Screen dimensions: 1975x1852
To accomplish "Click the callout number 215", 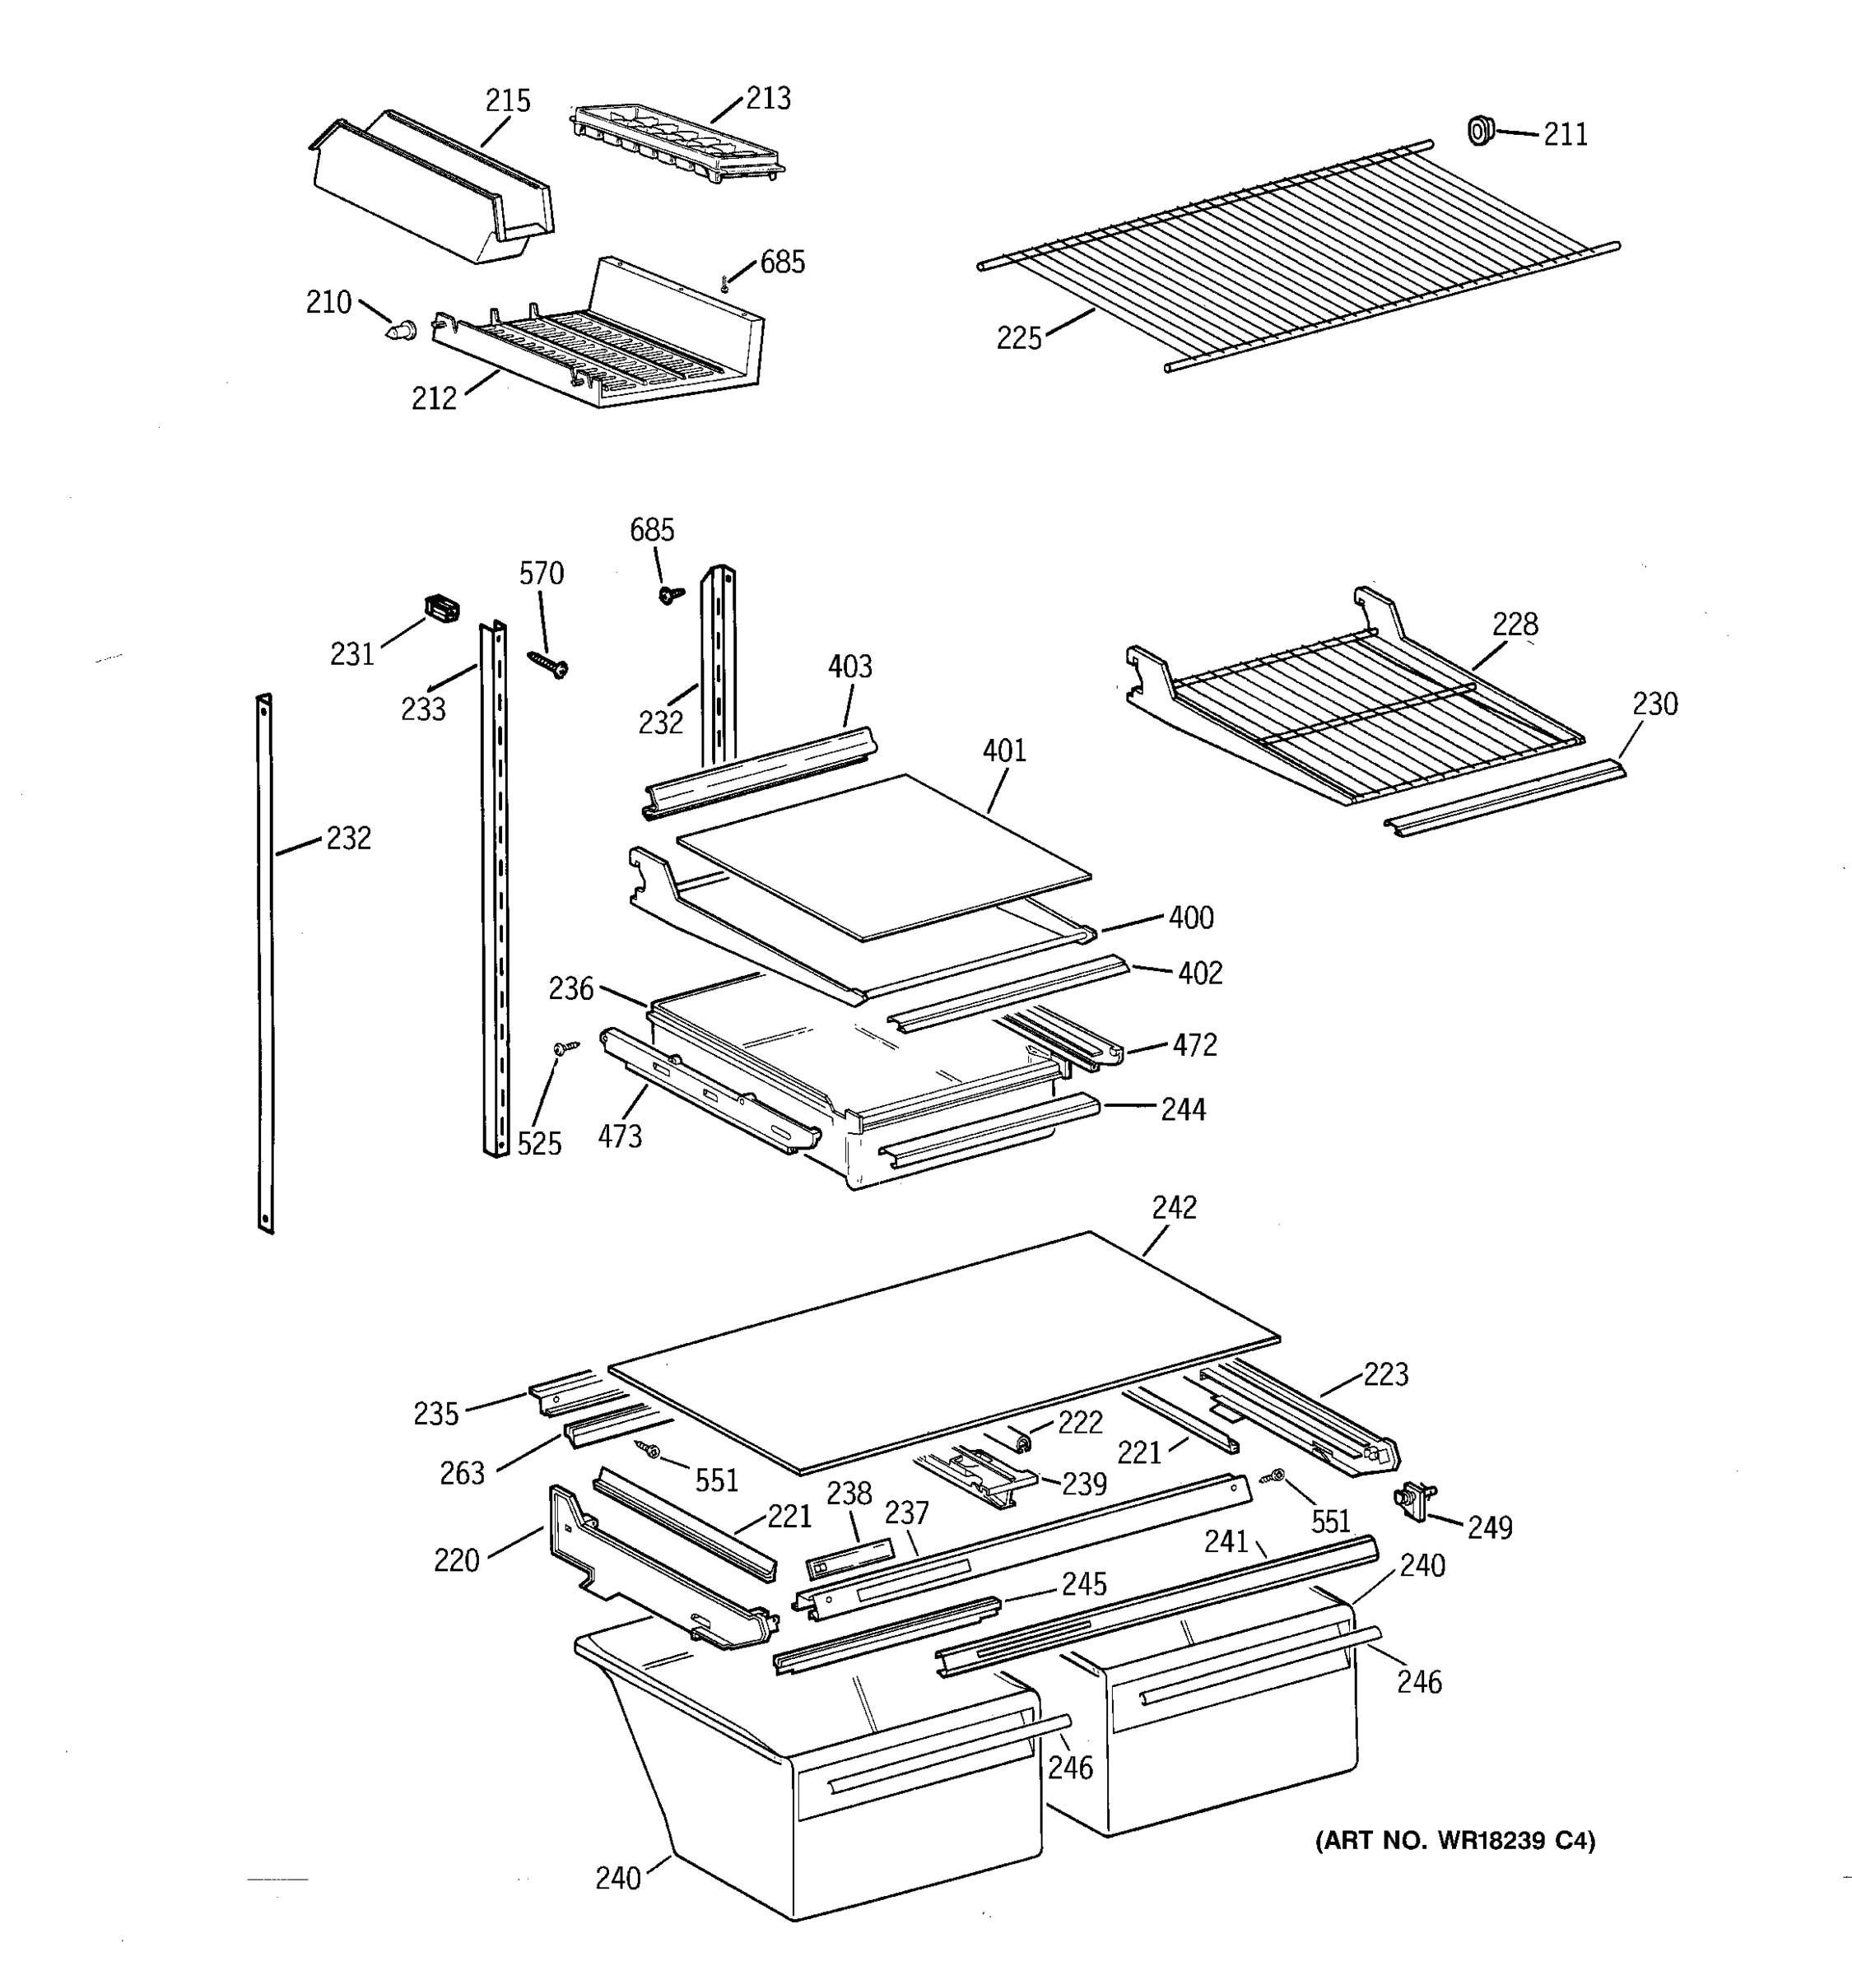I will [x=508, y=100].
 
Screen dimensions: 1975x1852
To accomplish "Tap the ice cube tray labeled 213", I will [x=676, y=145].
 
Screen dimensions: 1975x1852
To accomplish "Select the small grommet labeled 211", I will [x=1481, y=130].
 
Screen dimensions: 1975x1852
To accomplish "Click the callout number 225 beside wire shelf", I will [x=1018, y=339].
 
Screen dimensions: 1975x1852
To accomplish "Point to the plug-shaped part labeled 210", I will [x=400, y=330].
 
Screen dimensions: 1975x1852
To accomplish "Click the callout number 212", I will [x=434, y=398].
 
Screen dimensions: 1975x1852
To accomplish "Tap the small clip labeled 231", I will [x=442, y=607].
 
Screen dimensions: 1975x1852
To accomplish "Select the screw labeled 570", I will [x=547, y=662].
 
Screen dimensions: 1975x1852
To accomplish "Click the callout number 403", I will [x=849, y=667].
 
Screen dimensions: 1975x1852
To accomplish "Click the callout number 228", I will [x=1515, y=624].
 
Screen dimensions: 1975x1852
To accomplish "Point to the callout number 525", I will [x=539, y=1144].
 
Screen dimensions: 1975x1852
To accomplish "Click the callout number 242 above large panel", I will [x=1175, y=1207].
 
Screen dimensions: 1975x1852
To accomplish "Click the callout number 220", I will [x=456, y=1561].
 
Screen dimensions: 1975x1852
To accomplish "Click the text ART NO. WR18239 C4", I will [x=1454, y=1841].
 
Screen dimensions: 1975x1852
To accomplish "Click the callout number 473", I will [x=620, y=1136].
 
